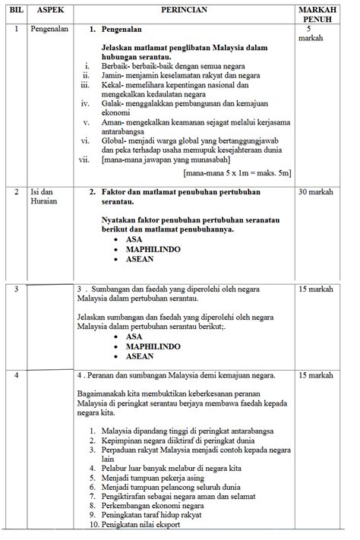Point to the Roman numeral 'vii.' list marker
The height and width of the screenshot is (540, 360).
pos(84,160)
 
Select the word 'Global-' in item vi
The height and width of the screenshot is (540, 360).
pos(115,141)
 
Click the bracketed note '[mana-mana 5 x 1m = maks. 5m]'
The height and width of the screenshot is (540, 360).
pos(236,174)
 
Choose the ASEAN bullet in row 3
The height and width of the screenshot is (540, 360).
pos(140,356)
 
